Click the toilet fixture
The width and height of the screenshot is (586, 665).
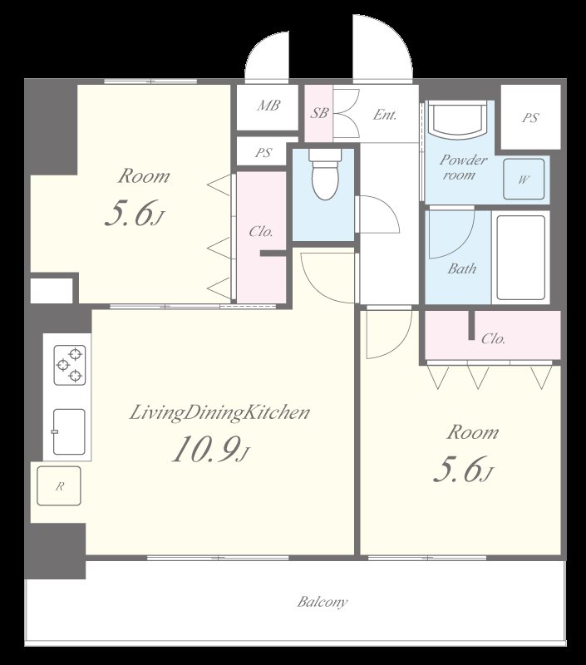[x=325, y=175]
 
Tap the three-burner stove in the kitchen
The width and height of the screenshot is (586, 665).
[x=70, y=365]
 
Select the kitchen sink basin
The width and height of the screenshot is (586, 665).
[x=68, y=431]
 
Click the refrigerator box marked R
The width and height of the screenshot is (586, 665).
[x=59, y=486]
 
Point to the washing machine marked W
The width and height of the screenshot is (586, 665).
[x=524, y=179]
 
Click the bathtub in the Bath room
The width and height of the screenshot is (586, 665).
[x=520, y=258]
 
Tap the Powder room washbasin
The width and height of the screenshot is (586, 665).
[x=456, y=118]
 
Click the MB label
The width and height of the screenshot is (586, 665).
[x=268, y=106]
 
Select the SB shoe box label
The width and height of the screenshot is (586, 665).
[x=319, y=113]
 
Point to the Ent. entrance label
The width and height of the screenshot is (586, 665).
[x=385, y=115]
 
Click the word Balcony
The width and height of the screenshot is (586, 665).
[x=323, y=602]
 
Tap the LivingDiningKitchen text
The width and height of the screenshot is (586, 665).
[x=219, y=412]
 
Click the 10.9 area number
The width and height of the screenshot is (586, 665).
[x=205, y=449]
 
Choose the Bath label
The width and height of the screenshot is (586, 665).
[x=462, y=268]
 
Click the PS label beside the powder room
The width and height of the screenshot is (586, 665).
[x=530, y=117]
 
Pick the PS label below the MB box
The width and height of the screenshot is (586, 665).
[x=263, y=152]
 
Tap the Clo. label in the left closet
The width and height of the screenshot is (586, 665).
[x=261, y=232]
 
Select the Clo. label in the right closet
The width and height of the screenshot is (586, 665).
[x=493, y=338]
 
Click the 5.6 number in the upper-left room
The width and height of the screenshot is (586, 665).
[x=128, y=213]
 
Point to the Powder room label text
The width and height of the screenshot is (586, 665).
[x=463, y=167]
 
